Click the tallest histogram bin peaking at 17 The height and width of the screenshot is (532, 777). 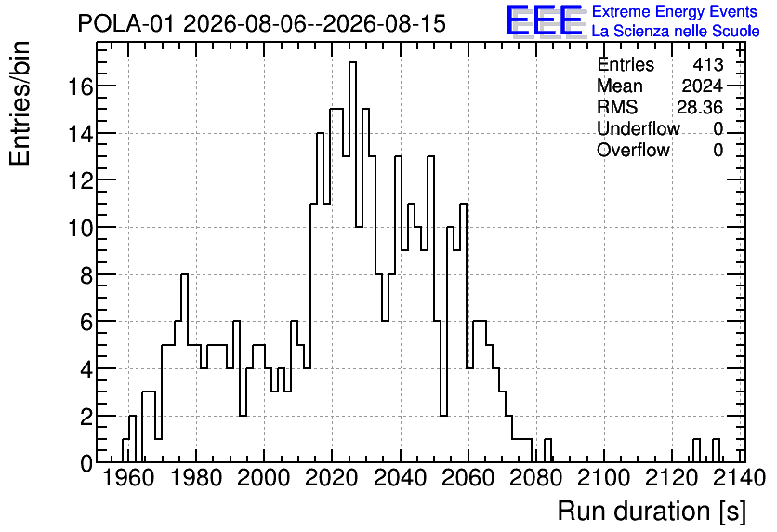[x=352, y=262]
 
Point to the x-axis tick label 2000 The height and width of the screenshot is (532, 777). [x=264, y=478]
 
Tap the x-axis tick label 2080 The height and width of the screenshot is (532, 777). [x=535, y=478]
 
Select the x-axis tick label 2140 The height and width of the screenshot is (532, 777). [x=739, y=478]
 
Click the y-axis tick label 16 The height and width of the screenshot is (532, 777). [x=80, y=86]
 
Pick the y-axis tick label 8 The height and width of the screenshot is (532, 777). [x=86, y=275]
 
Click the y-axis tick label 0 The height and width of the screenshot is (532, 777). [x=86, y=464]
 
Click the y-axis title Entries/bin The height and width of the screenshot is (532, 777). [x=20, y=103]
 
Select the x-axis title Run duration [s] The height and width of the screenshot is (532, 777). [x=652, y=512]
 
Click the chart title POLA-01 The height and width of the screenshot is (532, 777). [x=125, y=23]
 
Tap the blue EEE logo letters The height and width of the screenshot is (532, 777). [x=545, y=20]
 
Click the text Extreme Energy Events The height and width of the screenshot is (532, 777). [x=675, y=11]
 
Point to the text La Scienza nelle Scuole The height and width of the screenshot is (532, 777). [x=676, y=32]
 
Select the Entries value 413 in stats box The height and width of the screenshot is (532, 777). [x=708, y=64]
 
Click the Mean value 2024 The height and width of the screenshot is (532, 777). [x=702, y=86]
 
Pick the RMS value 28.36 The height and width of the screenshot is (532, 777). [x=700, y=107]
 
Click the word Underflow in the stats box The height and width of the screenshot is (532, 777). [x=639, y=128]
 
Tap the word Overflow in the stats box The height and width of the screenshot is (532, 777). [x=633, y=150]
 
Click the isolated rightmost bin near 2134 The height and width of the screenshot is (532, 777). [x=716, y=451]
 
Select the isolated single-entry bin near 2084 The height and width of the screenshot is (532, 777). [x=547, y=451]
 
